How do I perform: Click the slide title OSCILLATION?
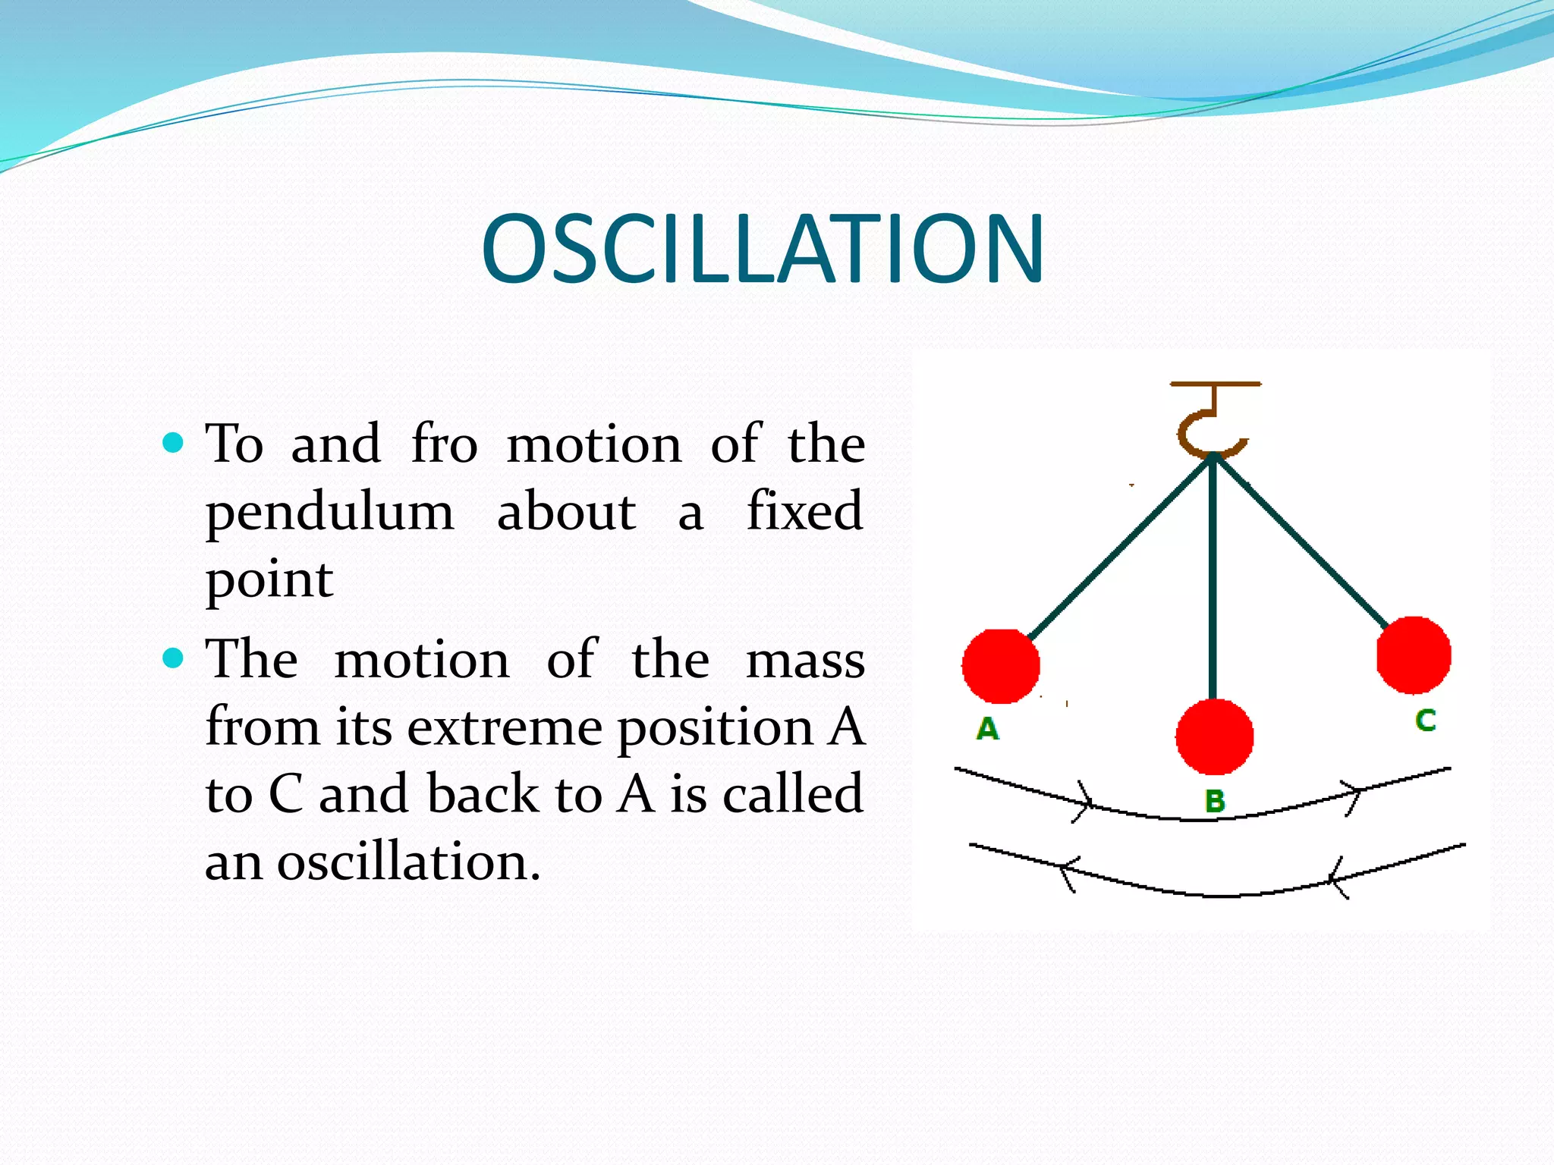(x=763, y=249)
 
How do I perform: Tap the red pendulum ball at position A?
(x=1000, y=666)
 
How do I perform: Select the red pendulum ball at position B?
(x=1214, y=736)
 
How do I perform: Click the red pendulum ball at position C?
(x=1414, y=655)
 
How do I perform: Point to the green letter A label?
(x=987, y=729)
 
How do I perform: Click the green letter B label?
(x=1215, y=801)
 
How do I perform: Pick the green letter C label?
(x=1425, y=720)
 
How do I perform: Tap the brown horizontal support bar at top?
(x=1215, y=385)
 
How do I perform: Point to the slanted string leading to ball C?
(x=1305, y=546)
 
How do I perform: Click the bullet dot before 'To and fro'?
(x=174, y=442)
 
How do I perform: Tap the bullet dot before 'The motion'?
(x=174, y=658)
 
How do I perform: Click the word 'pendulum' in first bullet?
(x=330, y=512)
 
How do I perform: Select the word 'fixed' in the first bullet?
(x=805, y=510)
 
